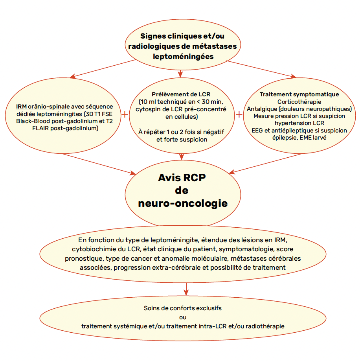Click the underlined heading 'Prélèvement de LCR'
[x=181, y=94]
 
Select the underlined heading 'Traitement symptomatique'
[x=299, y=94]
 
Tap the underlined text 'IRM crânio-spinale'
[x=43, y=107]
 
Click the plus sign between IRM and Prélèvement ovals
[x=125, y=114]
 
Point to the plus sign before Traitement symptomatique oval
[x=239, y=114]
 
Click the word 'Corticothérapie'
[x=299, y=102]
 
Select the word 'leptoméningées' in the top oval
[x=183, y=56]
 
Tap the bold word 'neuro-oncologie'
[x=183, y=203]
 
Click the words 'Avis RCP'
[x=182, y=177]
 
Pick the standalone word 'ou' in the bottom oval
[x=183, y=317]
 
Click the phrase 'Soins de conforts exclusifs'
[x=183, y=308]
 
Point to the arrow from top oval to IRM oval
[x=103, y=68]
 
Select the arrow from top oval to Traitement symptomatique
[x=261, y=69]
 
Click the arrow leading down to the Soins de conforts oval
[x=186, y=289]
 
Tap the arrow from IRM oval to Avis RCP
[x=99, y=164]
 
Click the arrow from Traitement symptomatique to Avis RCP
[x=266, y=164]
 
